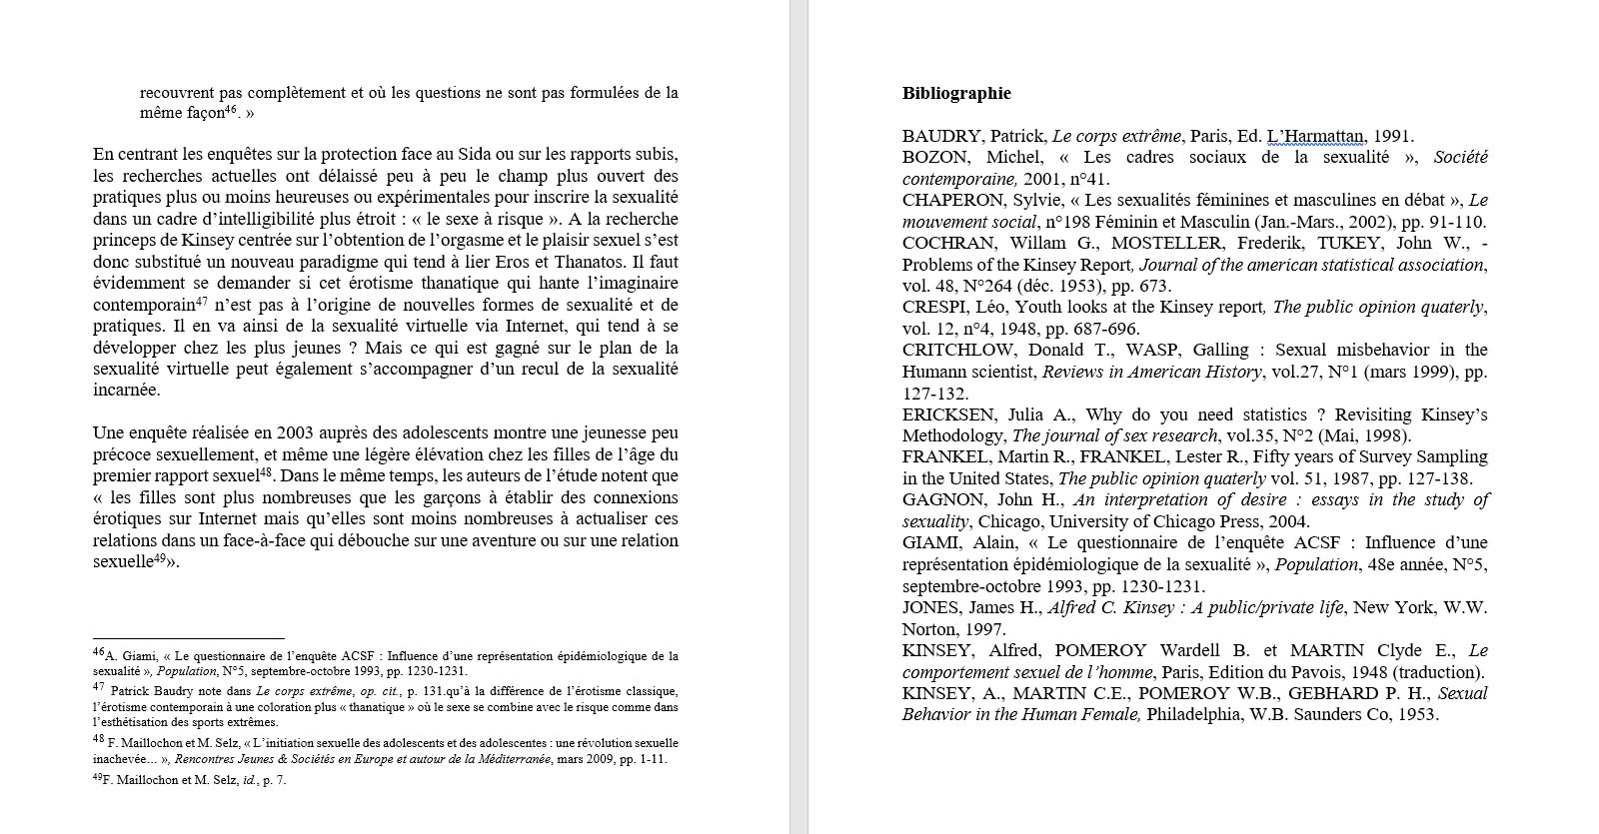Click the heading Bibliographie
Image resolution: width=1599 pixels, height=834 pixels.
956,94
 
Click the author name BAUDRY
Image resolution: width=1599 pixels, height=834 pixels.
932,137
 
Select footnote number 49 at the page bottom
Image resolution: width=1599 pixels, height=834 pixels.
98,778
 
